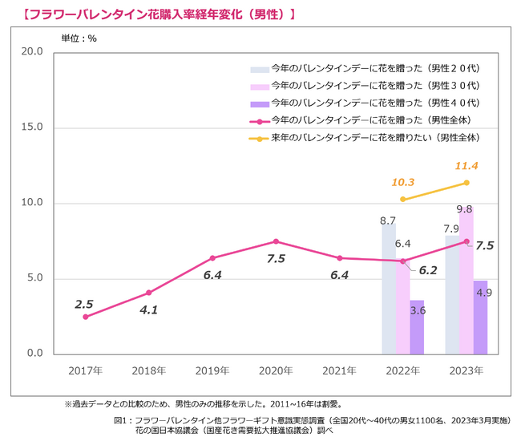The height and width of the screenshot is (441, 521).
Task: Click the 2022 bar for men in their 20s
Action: coord(389,289)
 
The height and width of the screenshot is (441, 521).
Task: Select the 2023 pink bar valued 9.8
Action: coord(466,281)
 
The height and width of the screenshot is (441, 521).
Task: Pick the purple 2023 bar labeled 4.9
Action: coord(480,318)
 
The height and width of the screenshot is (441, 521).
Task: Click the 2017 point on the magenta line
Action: coord(86,317)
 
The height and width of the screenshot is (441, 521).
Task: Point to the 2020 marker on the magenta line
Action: coord(276,241)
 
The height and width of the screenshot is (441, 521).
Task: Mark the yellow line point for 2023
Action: coord(466,183)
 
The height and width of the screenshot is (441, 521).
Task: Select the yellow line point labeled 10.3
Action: coord(402,199)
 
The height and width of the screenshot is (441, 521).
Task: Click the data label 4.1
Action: coord(147,310)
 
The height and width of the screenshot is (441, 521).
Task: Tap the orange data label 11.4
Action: coord(466,166)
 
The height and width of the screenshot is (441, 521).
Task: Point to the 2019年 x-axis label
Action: coord(212,371)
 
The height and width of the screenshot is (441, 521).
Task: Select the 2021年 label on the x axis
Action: coord(339,371)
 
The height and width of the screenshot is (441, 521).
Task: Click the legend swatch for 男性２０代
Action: coord(259,68)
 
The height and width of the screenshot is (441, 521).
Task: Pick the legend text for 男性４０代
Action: coord(375,103)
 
